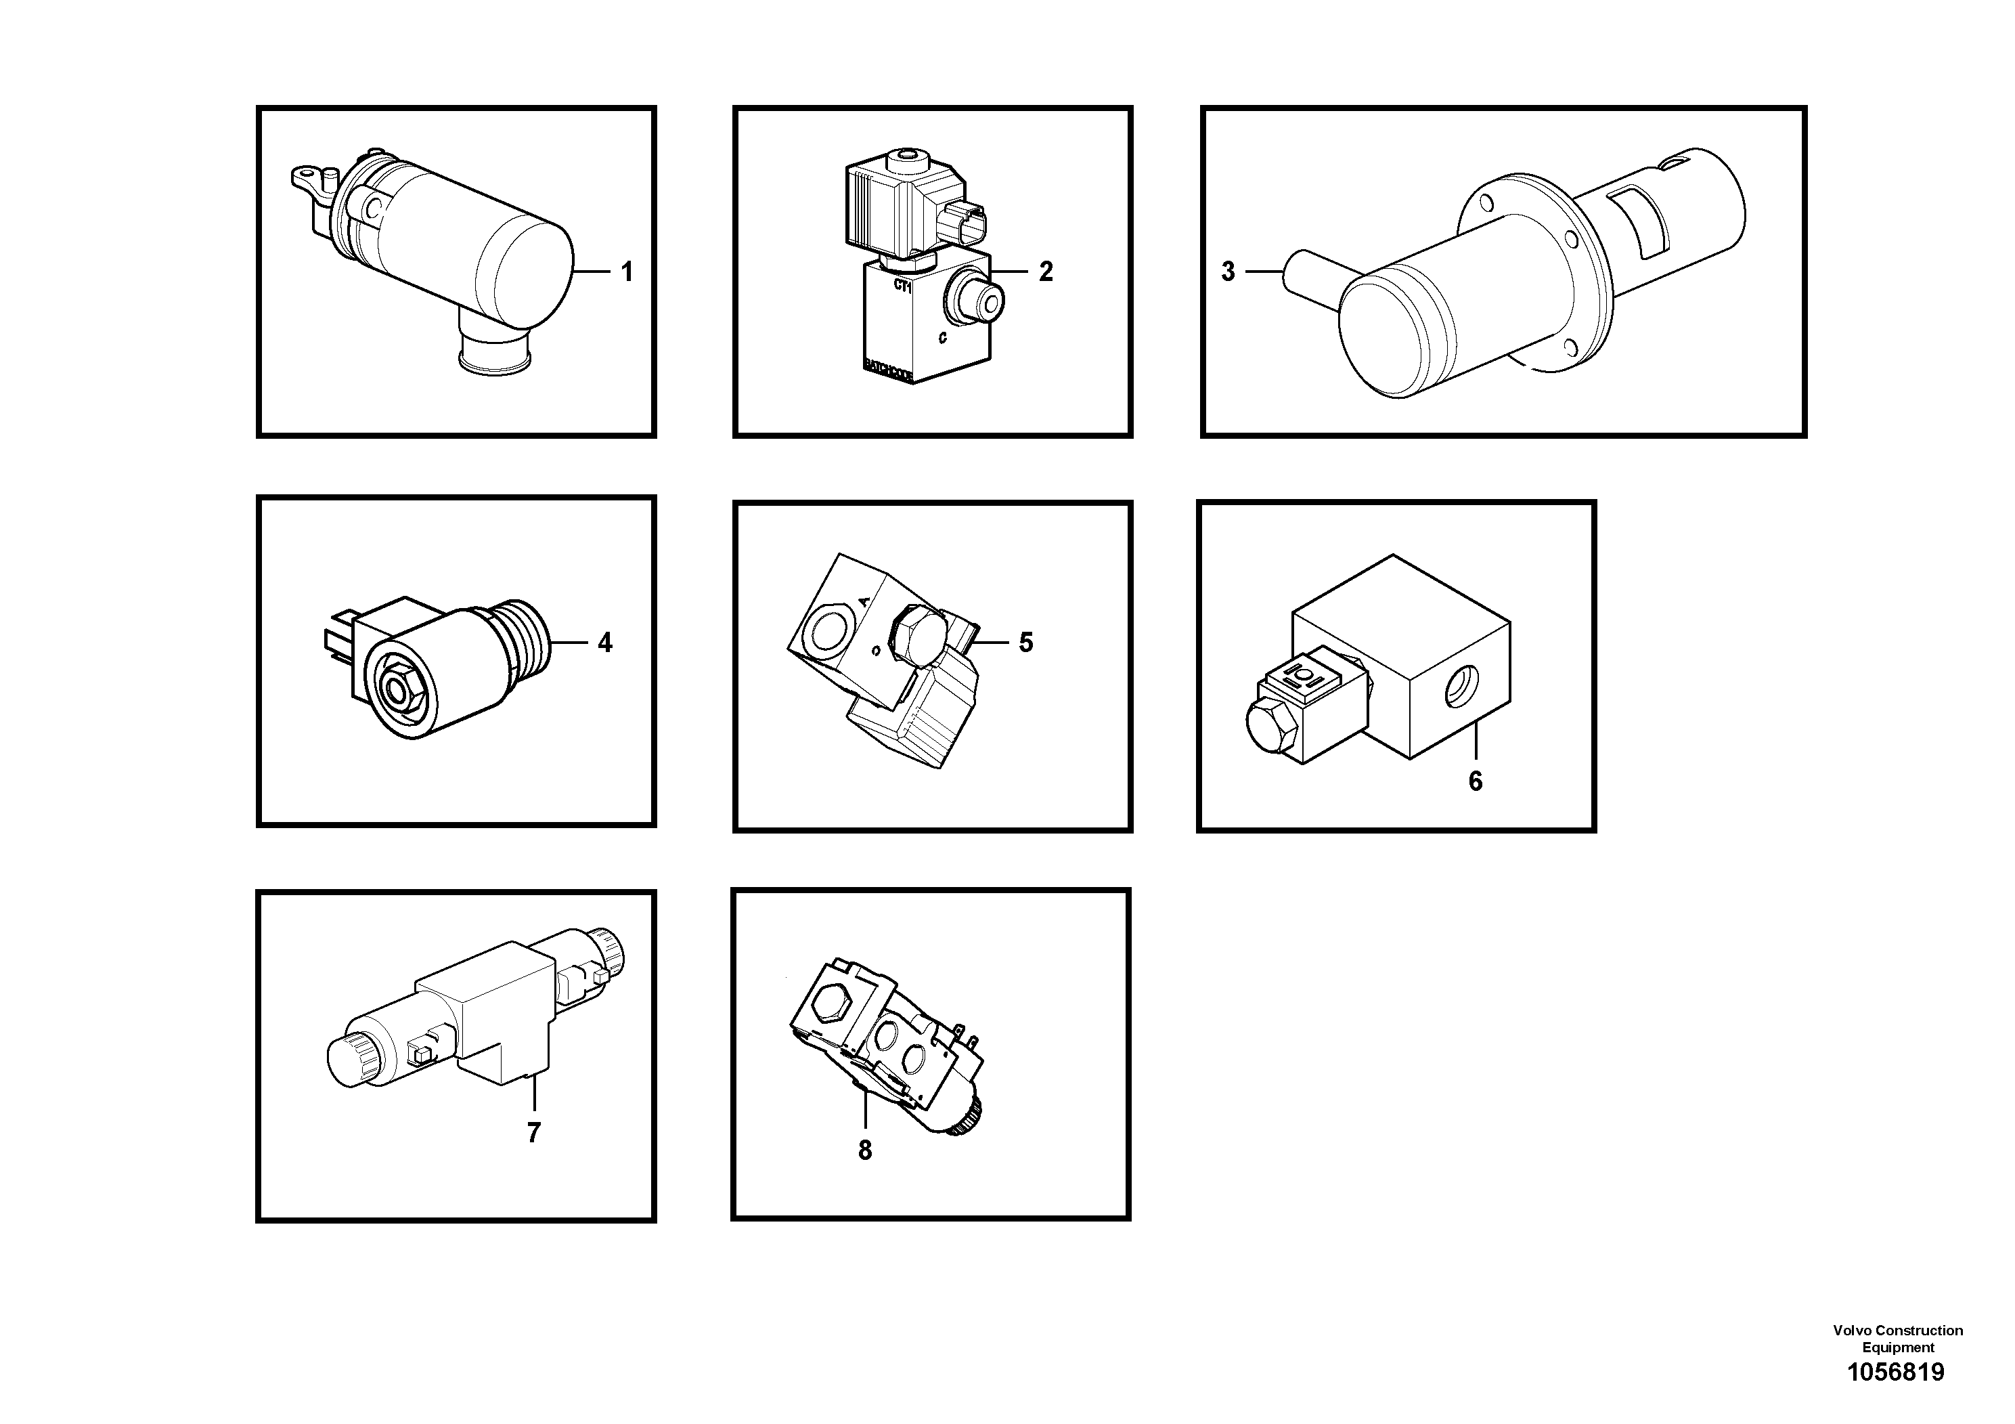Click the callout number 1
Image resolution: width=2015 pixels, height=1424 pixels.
pyautogui.click(x=627, y=272)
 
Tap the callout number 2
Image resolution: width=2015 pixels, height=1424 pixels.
pyautogui.click(x=1045, y=272)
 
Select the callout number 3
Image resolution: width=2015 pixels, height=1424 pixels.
pyautogui.click(x=1228, y=272)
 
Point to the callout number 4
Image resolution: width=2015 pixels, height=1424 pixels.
pyautogui.click(x=604, y=643)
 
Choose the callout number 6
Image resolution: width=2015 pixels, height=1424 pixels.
pyautogui.click(x=1476, y=781)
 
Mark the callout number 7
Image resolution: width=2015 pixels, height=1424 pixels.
pyautogui.click(x=533, y=1133)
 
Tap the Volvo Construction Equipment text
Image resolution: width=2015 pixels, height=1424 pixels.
pyautogui.click(x=1897, y=1339)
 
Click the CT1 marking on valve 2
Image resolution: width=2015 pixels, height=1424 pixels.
pyautogui.click(x=902, y=285)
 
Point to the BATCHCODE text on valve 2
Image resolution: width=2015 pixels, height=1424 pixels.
pyautogui.click(x=888, y=370)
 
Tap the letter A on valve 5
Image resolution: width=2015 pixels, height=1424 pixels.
pyautogui.click(x=864, y=601)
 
